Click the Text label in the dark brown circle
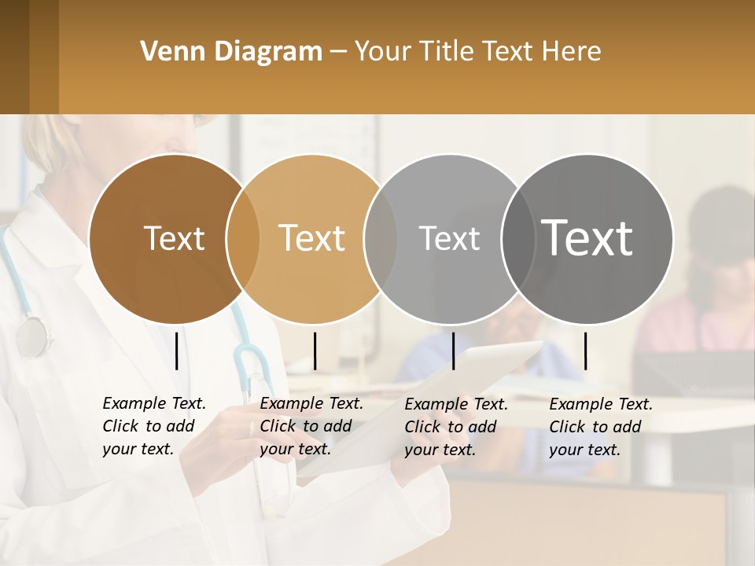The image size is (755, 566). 174,238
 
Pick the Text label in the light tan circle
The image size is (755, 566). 311,238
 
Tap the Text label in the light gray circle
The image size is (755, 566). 449,238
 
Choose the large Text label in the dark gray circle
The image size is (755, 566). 587,238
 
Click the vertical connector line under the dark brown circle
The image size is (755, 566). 177,351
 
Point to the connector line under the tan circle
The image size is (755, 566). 315,351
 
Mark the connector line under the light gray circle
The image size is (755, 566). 453,351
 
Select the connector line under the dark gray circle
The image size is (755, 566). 585,351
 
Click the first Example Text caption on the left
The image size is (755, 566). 154,403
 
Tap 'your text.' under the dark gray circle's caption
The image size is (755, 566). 584,450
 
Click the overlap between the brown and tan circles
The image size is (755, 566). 243,239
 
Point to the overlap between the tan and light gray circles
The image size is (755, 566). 381,239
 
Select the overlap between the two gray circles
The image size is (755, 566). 517,239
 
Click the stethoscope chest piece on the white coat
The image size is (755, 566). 32,336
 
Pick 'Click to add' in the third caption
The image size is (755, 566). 451,427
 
